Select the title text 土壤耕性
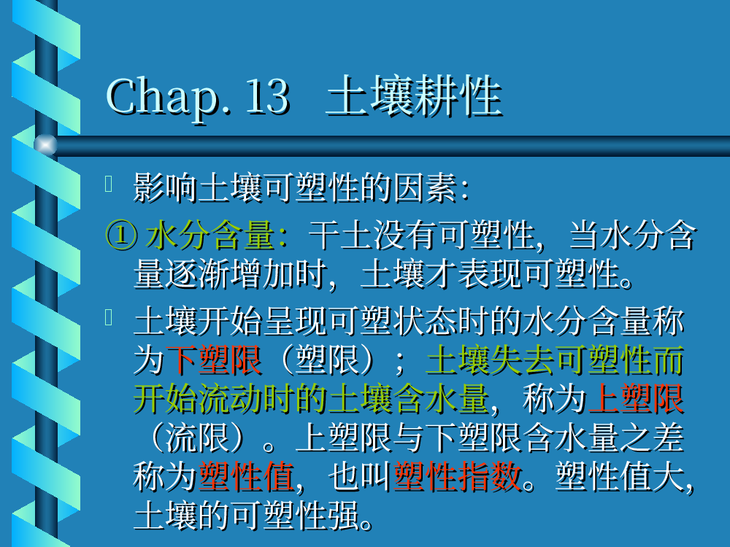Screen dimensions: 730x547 tap(413, 96)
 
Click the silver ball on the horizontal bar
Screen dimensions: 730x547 tap(45, 144)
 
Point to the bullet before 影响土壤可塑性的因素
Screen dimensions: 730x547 tap(109, 184)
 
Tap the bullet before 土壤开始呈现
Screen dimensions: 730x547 tap(109, 317)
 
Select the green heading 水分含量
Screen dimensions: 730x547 tap(210, 235)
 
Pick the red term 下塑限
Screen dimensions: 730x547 tap(214, 360)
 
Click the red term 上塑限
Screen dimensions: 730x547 tap(636, 399)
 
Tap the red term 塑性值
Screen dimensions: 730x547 tap(246, 477)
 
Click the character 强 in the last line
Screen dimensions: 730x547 tap(344, 516)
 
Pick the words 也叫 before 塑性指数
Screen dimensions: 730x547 tap(359, 477)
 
